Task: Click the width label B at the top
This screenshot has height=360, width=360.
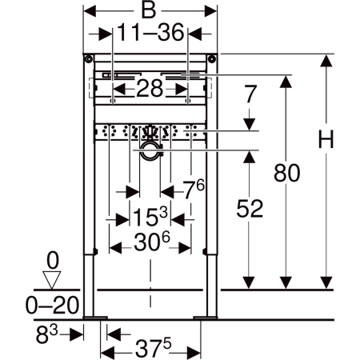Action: click(149, 11)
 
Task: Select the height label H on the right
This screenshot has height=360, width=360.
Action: click(326, 139)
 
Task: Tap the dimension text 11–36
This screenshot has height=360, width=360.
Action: click(150, 33)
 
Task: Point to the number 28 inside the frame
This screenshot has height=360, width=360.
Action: click(150, 88)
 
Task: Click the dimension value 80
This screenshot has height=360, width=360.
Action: click(286, 173)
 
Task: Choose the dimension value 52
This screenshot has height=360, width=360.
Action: click(250, 208)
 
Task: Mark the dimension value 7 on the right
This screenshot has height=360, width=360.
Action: click(250, 94)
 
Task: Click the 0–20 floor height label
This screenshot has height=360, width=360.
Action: click(52, 305)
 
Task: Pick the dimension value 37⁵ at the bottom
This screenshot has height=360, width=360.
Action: click(153, 347)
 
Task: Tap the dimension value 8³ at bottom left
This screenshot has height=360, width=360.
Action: click(47, 334)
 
